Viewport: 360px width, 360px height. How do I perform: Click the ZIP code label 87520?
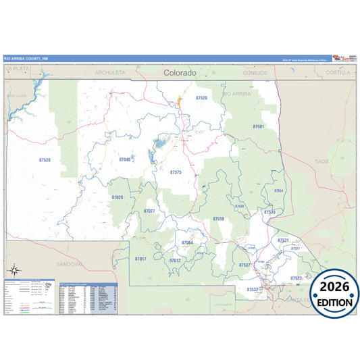coord(201,98)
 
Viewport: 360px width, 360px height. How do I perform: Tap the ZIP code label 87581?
coord(259,126)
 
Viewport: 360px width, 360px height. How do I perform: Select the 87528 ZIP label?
coord(45,160)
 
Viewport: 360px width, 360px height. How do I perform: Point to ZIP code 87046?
coord(124,159)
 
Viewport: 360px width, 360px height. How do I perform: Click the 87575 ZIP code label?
coord(176,172)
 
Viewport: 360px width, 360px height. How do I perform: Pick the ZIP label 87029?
coord(118,197)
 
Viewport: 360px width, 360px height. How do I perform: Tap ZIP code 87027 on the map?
coord(149,211)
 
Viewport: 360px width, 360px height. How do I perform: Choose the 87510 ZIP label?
coord(218,219)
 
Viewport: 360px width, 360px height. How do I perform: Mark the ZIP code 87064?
coord(187,242)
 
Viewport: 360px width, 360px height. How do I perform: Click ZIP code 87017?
coord(140,259)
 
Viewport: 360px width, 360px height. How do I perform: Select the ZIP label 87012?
coord(175,260)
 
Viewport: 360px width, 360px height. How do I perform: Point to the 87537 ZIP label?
coord(244,265)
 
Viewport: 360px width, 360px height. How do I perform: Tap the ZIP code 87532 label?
coord(252,289)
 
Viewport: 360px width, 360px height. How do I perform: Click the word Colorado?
coord(180,72)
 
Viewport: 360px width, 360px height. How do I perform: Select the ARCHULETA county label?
coord(110,72)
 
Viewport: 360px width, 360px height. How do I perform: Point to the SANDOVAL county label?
coord(70,263)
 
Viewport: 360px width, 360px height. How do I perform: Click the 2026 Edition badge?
coord(334,295)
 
